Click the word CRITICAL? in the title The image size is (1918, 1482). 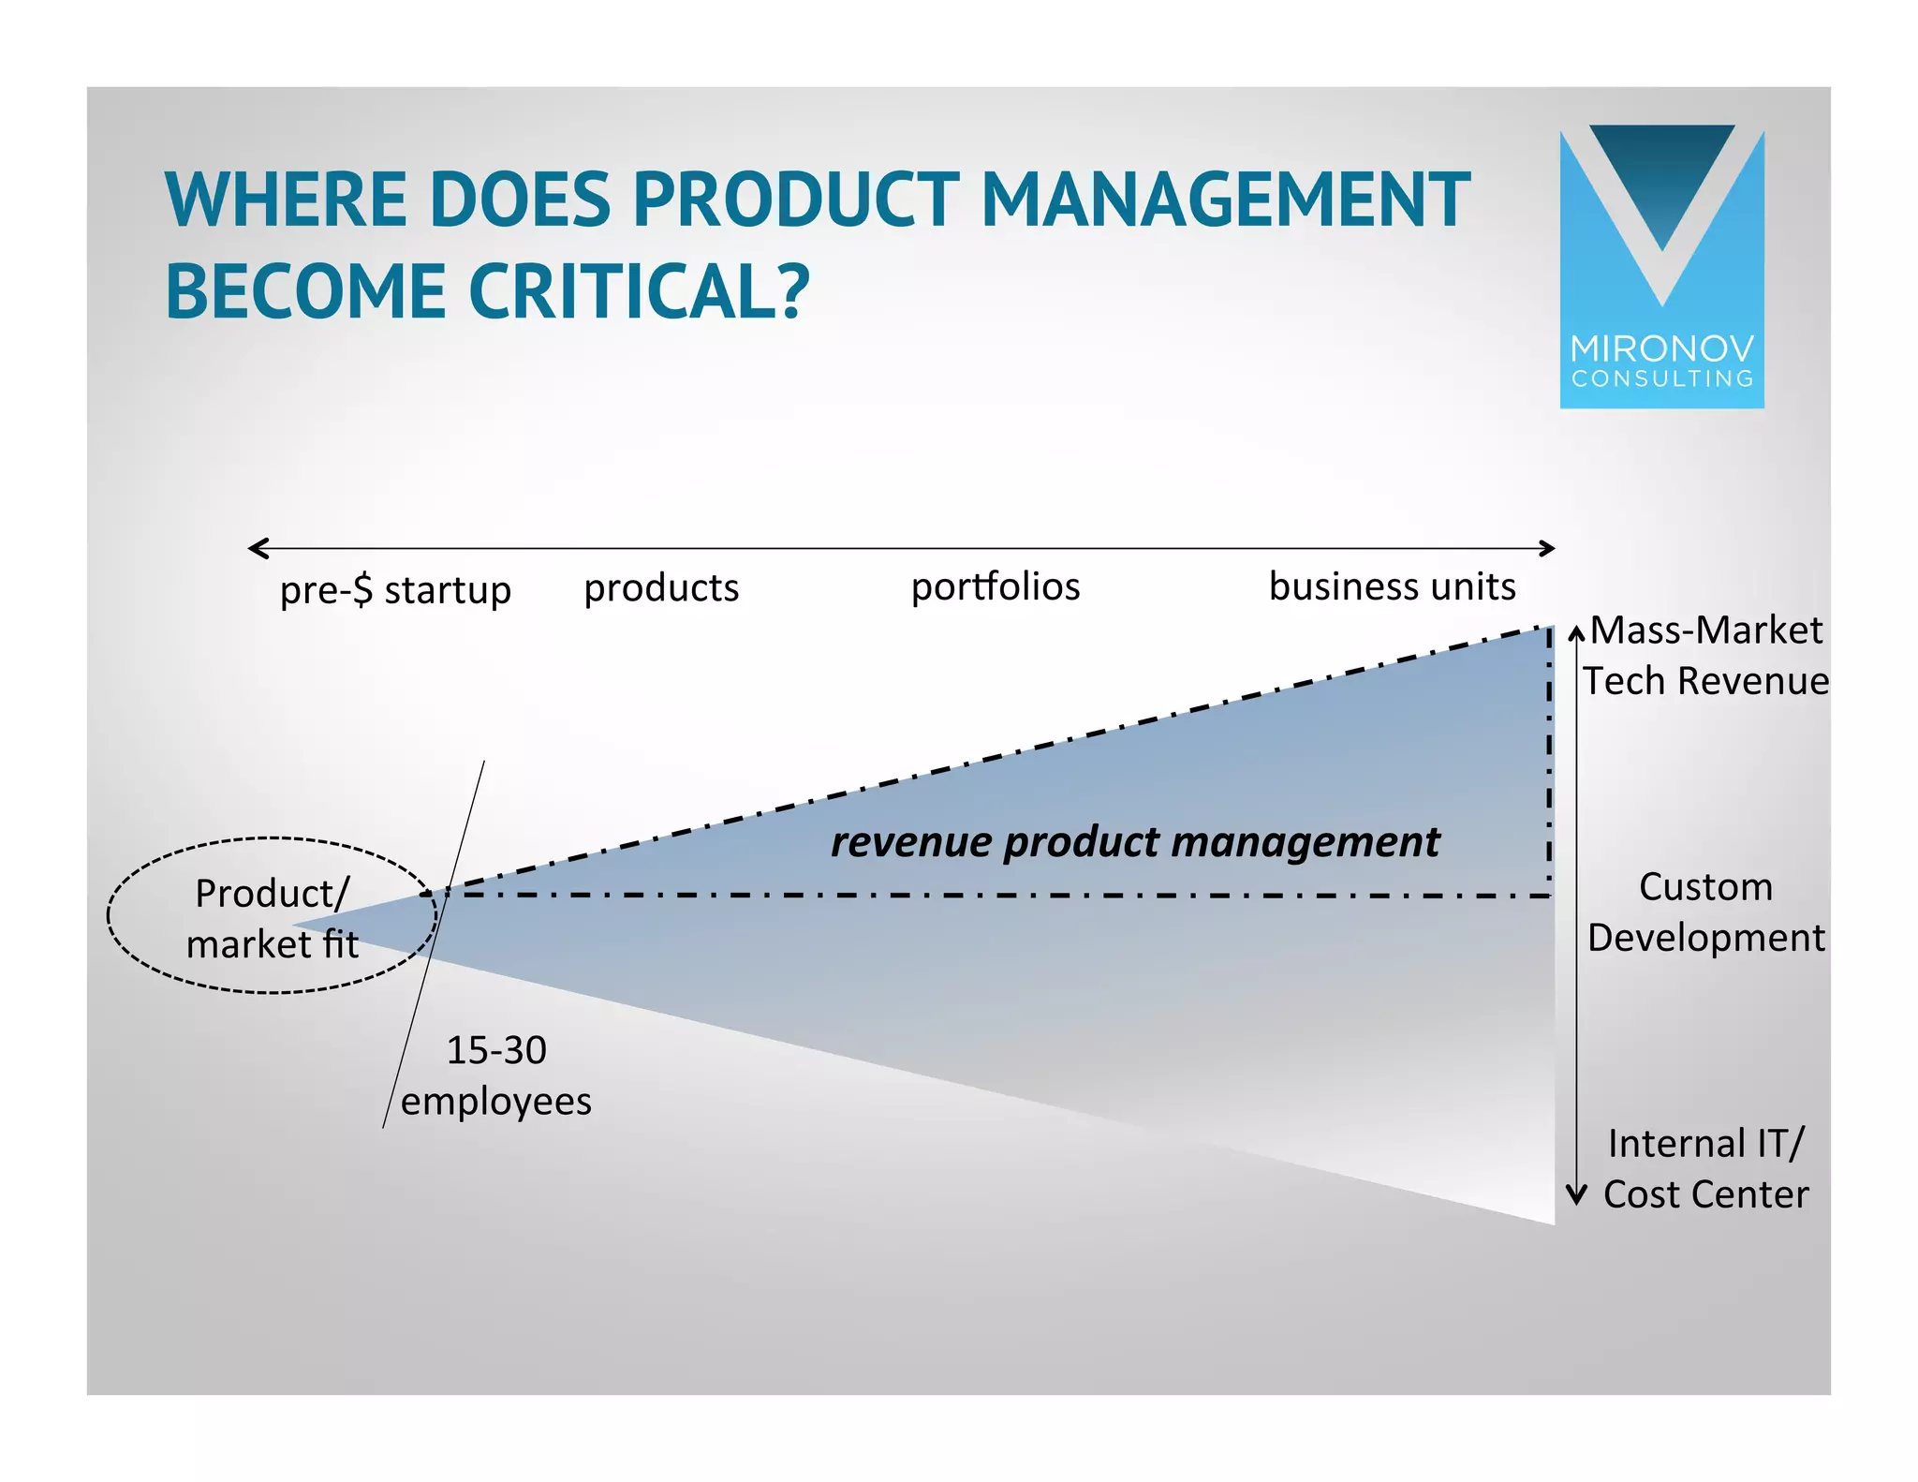tap(639, 291)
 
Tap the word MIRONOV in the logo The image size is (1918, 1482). tap(1662, 349)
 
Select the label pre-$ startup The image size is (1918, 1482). tap(395, 590)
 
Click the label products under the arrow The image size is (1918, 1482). tap(661, 588)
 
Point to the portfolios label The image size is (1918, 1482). tap(996, 587)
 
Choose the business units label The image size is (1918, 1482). tap(1392, 586)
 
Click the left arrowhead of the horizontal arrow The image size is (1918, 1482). tap(256, 548)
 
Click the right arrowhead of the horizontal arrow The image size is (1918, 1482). tap(1548, 548)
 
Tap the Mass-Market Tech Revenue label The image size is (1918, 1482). tap(1705, 655)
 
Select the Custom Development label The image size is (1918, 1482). tap(1705, 911)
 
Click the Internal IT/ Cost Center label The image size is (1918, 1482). tap(1705, 1168)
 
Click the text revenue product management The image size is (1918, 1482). tap(1135, 841)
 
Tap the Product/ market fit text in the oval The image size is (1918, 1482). tap(273, 918)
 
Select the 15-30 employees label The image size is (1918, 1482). tap(496, 1074)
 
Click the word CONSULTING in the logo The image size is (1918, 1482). tap(1662, 378)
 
